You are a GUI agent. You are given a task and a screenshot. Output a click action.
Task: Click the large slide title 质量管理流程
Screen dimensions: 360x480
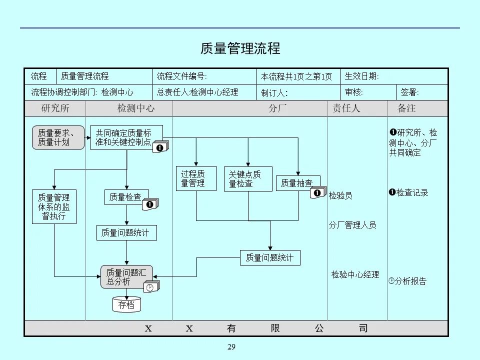[240, 48]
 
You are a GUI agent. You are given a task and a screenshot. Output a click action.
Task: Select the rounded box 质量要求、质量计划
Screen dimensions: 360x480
[58, 137]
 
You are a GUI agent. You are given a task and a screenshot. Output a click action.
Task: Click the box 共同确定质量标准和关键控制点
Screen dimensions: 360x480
[126, 137]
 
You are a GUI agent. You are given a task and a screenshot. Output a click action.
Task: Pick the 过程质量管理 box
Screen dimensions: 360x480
[196, 179]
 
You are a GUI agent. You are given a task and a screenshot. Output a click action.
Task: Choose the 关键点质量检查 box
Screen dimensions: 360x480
[247, 179]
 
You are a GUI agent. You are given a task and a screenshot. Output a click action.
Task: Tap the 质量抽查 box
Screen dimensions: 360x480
[297, 183]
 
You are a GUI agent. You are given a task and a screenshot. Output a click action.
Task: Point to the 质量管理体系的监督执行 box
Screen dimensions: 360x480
[54, 206]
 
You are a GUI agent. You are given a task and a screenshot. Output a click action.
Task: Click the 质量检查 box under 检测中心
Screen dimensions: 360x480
[125, 197]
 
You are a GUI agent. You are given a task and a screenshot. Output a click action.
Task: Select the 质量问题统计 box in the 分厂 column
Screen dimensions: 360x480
[270, 258]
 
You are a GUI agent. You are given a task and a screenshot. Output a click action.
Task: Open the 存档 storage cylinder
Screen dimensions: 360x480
[126, 304]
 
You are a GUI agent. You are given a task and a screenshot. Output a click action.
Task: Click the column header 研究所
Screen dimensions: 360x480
[55, 108]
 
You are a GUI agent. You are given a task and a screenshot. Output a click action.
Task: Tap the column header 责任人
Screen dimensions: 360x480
[346, 108]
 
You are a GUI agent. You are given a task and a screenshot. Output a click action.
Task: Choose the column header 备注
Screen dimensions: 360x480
[406, 108]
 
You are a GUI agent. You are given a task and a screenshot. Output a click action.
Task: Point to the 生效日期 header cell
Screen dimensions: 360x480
[362, 76]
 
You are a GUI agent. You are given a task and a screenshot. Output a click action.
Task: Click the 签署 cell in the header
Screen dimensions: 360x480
[410, 92]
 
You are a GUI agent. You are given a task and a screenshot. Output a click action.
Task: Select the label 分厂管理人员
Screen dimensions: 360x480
[352, 225]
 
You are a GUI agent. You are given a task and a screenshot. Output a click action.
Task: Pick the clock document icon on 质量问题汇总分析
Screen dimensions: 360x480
[151, 287]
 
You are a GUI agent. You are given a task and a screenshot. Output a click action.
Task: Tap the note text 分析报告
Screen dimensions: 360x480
[410, 281]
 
